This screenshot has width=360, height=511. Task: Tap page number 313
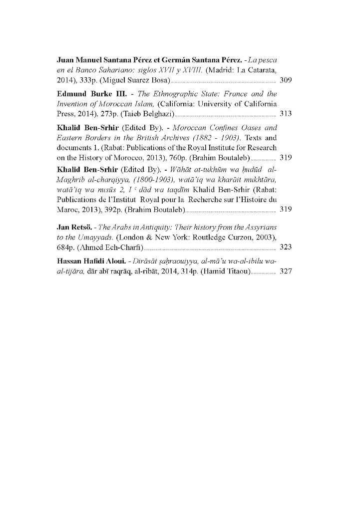286,114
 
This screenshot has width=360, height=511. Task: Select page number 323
286,247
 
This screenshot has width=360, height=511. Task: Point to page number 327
286,271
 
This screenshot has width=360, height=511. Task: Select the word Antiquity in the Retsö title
155,228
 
